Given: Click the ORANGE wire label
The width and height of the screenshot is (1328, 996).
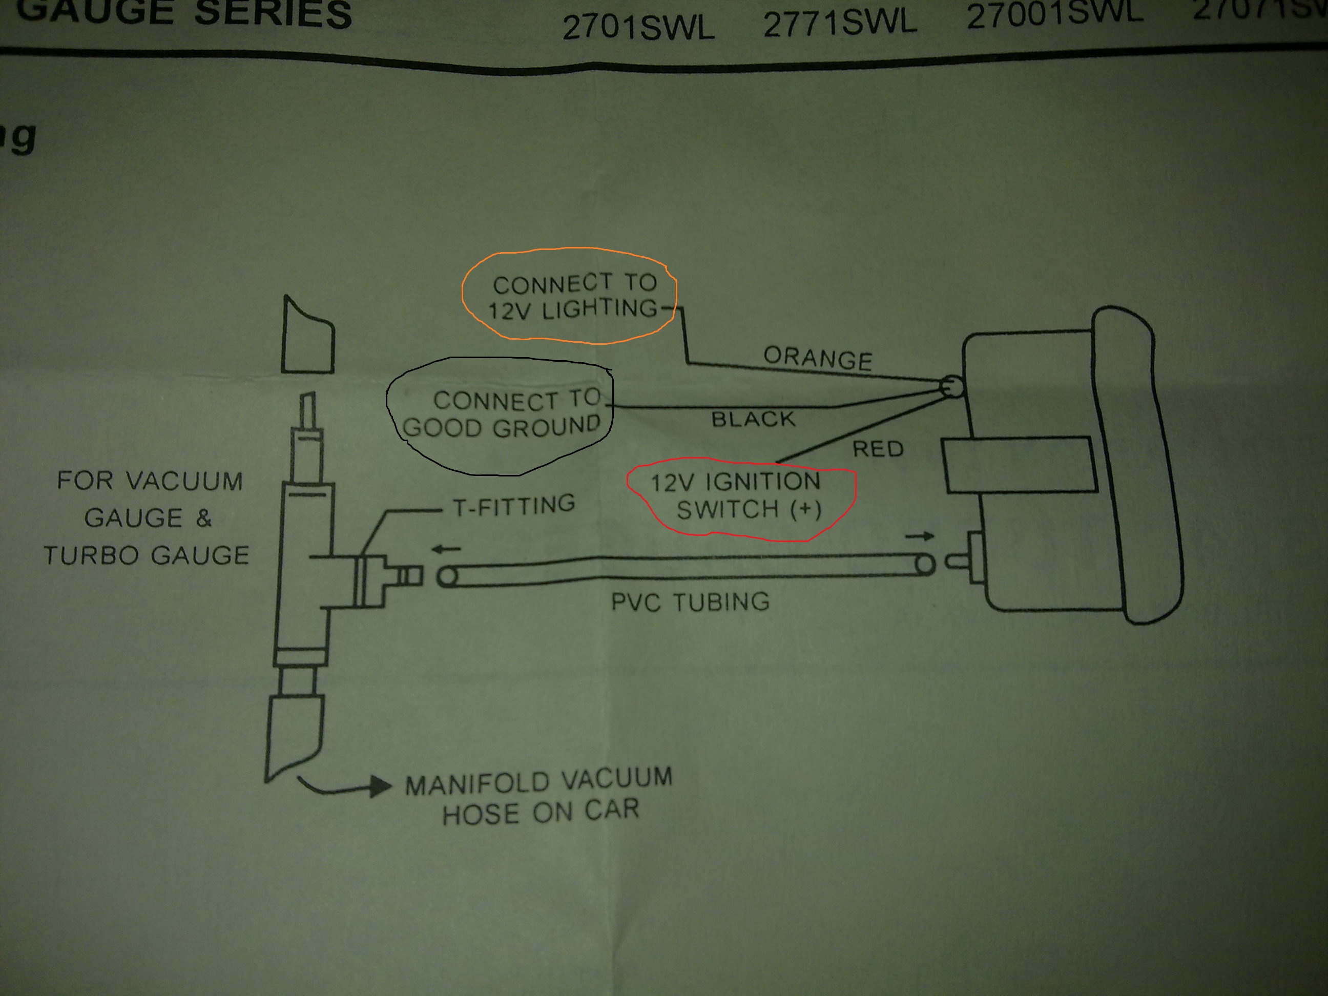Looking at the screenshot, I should point(817,359).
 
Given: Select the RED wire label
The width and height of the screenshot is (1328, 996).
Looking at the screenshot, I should point(878,448).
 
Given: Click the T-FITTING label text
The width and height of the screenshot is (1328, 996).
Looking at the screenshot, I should point(514,506).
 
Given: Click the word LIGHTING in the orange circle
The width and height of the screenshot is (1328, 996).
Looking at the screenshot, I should point(600,308).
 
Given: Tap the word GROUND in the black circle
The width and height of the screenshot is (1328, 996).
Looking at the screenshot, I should point(546,427).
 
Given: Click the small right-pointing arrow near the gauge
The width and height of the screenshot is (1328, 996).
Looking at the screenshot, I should point(920,536).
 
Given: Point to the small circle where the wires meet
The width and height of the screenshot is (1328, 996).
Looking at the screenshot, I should point(951,386).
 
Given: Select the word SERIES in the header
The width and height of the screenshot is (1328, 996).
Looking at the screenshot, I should point(273,13).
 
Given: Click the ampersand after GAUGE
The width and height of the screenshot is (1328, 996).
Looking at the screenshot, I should point(203,517).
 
